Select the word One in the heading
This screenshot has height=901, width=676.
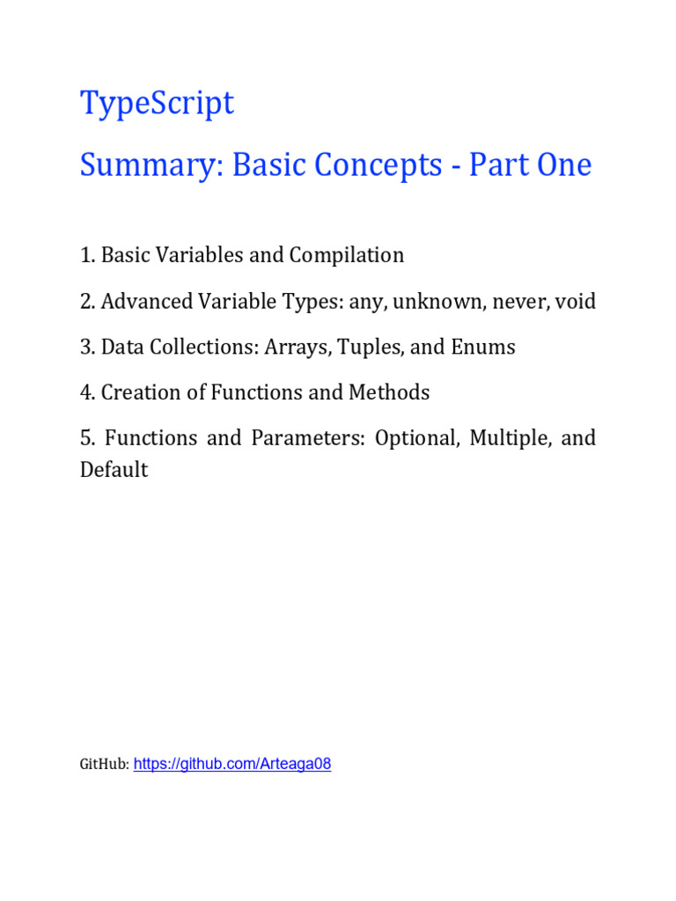(560, 165)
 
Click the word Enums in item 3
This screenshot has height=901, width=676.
(482, 348)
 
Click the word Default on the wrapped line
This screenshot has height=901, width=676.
(114, 470)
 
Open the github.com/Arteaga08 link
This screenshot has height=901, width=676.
(232, 764)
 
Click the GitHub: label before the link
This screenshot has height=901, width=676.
(105, 765)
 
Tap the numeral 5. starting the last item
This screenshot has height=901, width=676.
(87, 438)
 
